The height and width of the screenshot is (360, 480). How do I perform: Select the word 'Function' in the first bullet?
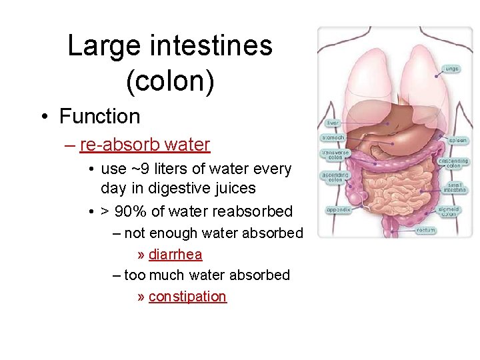pos(99,117)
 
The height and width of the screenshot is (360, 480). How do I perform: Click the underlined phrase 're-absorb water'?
pos(145,145)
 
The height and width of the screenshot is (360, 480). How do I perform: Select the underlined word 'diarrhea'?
pos(175,255)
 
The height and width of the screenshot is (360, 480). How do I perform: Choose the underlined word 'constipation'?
pos(187,297)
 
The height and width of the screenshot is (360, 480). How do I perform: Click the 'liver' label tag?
pos(333,123)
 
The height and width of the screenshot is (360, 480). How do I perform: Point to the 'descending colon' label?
pos(453,163)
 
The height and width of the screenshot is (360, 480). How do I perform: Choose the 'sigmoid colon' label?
pos(449,211)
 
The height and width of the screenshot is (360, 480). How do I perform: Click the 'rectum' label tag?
pos(426,231)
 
